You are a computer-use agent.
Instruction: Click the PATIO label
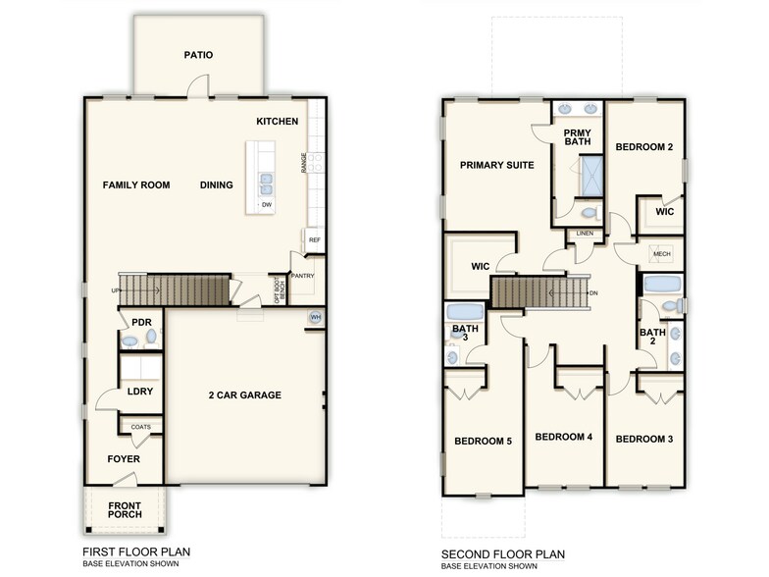point(198,56)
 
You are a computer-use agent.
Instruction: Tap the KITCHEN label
point(277,122)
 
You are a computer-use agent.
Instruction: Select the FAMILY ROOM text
point(136,185)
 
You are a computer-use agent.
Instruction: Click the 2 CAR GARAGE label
point(244,395)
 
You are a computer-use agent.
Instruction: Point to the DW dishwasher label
point(266,204)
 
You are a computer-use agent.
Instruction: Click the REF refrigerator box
point(315,239)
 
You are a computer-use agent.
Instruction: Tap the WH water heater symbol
point(316,318)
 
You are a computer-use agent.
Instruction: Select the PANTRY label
point(303,276)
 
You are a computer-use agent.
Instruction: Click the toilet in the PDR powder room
point(149,339)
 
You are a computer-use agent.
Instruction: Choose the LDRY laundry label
point(140,392)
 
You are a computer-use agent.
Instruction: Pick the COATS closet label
point(140,427)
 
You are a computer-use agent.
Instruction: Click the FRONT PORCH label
point(124,510)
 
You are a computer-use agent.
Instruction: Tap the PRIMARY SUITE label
point(496,166)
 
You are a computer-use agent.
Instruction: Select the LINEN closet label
point(586,234)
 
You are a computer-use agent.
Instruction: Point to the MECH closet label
point(661,254)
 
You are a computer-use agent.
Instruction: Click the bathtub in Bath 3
point(460,314)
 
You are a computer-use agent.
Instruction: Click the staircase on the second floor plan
point(538,292)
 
